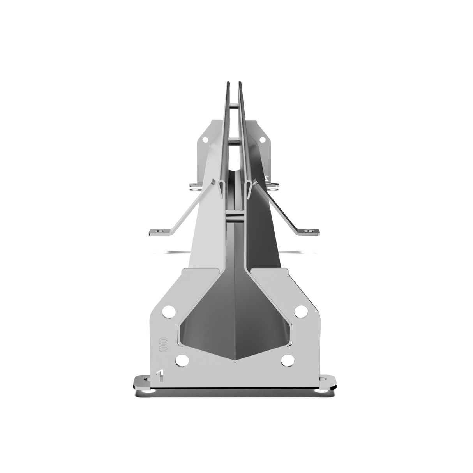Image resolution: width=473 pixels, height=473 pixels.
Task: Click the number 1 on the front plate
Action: pos(159,376)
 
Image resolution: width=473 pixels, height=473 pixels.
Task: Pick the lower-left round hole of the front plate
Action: pos(181,360)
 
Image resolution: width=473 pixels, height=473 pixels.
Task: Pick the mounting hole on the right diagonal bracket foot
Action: pos(310,231)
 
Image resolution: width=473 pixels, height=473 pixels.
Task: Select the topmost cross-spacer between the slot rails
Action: pos(234,106)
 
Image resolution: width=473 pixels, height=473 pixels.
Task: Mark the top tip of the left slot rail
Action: pos(228,83)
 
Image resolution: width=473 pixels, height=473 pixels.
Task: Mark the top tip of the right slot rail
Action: pos(240,83)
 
